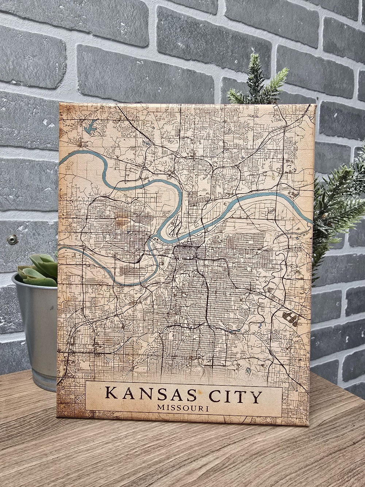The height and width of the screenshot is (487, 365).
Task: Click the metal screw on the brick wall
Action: [x=13, y=240]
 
